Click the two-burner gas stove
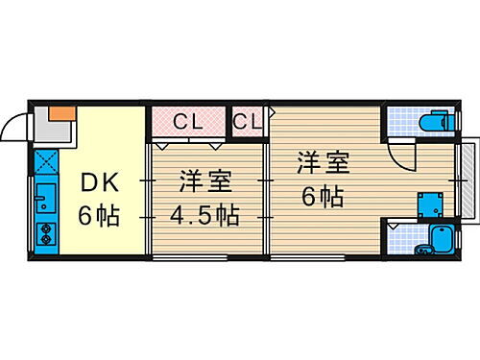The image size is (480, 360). pyautogui.click(x=44, y=234)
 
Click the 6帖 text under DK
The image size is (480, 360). pyautogui.click(x=99, y=215)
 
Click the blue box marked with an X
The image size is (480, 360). pyautogui.click(x=44, y=160)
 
